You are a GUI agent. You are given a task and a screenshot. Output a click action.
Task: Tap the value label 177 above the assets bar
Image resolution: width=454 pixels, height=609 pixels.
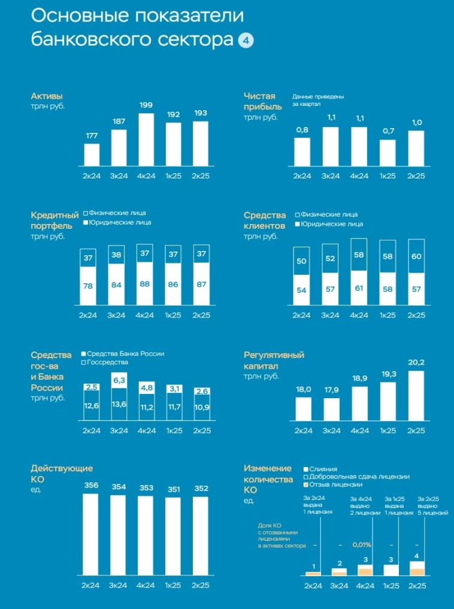[x=92, y=137]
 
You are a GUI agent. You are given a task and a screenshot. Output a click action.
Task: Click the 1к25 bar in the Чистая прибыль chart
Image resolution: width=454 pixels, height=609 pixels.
[x=388, y=152]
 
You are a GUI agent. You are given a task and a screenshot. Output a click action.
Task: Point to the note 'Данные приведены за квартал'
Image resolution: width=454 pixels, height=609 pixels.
[x=318, y=100]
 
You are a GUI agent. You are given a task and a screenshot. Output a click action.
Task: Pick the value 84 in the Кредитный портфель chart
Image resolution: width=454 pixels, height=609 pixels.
[x=117, y=286]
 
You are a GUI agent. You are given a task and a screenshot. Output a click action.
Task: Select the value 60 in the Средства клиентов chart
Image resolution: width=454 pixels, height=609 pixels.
[x=416, y=257]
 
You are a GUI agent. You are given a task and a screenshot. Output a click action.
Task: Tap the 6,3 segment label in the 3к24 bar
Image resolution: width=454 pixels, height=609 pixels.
[x=119, y=380]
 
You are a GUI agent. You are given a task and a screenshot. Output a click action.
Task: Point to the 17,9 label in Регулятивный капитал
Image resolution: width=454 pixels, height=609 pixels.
[x=331, y=390]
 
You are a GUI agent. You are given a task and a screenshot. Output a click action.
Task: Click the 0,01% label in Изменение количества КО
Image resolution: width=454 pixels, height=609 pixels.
[x=361, y=546]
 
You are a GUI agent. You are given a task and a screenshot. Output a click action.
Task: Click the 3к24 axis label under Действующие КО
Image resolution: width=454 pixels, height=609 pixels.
[x=118, y=585]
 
